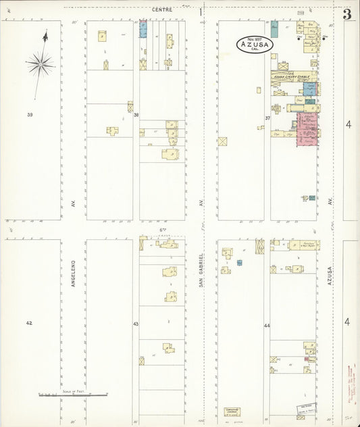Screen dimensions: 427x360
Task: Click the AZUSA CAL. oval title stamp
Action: point(255,44)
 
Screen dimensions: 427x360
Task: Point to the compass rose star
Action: point(41,65)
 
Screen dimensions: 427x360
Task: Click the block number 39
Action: point(30,115)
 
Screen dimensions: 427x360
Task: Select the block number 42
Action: point(29,323)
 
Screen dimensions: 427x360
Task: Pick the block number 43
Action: point(135,324)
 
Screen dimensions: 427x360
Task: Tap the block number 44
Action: point(267,326)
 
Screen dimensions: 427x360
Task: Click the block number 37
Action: point(267,118)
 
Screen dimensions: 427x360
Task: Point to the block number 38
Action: point(136,115)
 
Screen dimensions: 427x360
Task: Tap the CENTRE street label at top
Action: point(162,9)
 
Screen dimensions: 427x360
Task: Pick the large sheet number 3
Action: point(346,15)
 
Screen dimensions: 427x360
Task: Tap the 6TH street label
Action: point(163,230)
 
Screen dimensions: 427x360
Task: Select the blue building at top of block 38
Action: point(143,29)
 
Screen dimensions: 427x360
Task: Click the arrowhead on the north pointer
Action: point(45,35)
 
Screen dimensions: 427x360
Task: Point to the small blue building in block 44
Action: point(239,262)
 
